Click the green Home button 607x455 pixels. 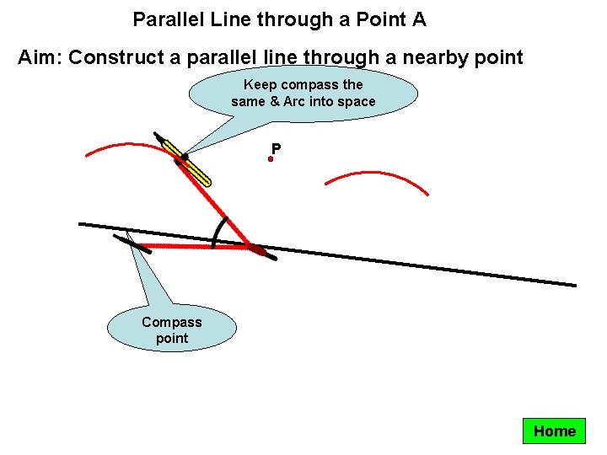click(554, 431)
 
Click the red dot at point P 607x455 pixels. click(271, 158)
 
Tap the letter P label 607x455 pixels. click(277, 149)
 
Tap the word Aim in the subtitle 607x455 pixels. click(39, 58)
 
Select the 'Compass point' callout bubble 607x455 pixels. click(172, 329)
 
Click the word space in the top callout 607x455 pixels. click(357, 102)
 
